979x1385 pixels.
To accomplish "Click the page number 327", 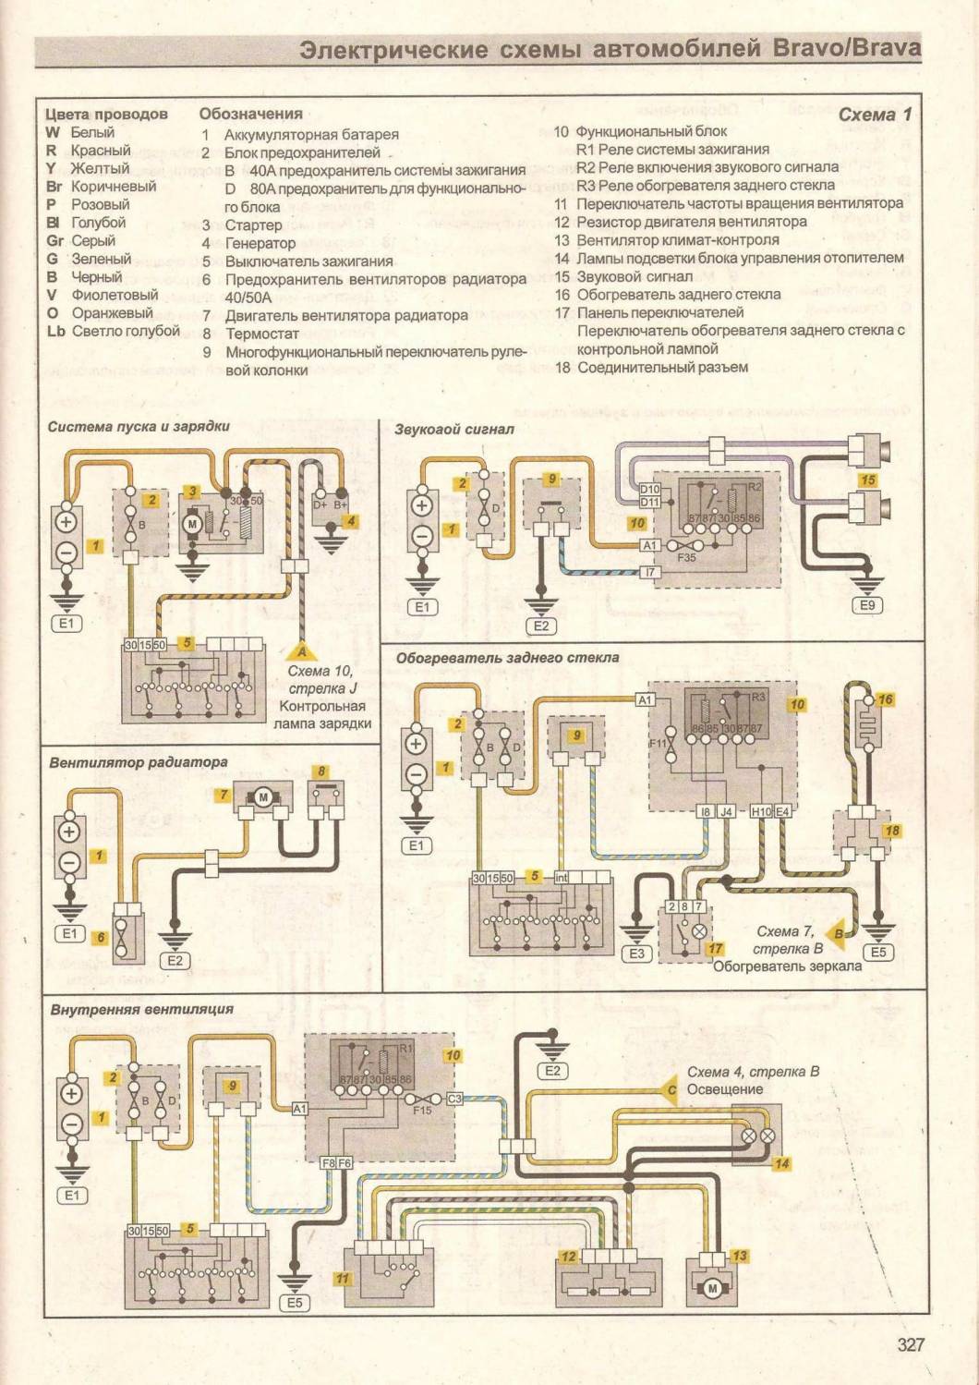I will (x=910, y=1344).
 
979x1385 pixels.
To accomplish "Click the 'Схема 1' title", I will (x=874, y=115).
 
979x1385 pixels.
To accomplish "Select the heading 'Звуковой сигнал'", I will (x=453, y=429).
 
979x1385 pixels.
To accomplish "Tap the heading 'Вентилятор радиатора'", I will (x=139, y=762).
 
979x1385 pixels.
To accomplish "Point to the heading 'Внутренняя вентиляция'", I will (x=141, y=1009).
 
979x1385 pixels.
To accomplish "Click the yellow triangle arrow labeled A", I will (x=301, y=651).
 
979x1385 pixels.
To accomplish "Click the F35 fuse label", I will (x=686, y=558).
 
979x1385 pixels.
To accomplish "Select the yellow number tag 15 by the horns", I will (x=867, y=480).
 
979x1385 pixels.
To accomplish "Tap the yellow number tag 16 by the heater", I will (x=885, y=699).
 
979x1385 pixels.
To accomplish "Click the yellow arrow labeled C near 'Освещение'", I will (x=671, y=1090).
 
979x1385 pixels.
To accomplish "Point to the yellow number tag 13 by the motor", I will (x=739, y=1256).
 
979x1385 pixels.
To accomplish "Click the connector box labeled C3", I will (x=454, y=1099).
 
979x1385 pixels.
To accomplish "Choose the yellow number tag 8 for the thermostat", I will (x=321, y=771).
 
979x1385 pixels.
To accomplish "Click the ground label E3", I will (x=636, y=953).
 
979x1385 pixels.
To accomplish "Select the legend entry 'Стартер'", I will (x=253, y=225).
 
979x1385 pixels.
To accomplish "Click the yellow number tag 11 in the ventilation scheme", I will (x=343, y=1279).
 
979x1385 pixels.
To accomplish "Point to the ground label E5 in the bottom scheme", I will (x=295, y=1303).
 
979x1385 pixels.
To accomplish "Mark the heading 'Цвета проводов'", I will (x=106, y=115).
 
